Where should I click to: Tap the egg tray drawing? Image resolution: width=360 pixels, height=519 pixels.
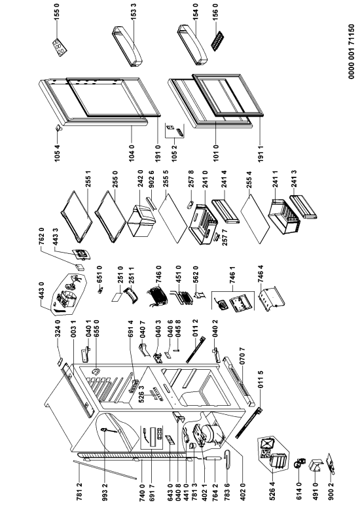click(59, 46)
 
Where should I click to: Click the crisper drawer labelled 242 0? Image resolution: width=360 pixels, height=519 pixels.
click(141, 220)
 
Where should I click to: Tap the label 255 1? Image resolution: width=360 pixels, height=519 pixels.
click(88, 180)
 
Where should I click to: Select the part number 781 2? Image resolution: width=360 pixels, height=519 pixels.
click(79, 492)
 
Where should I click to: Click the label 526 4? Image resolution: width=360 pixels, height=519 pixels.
click(273, 492)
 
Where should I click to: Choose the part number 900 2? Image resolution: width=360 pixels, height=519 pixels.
click(332, 492)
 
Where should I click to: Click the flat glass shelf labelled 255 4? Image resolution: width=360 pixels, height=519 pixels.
click(255, 219)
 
